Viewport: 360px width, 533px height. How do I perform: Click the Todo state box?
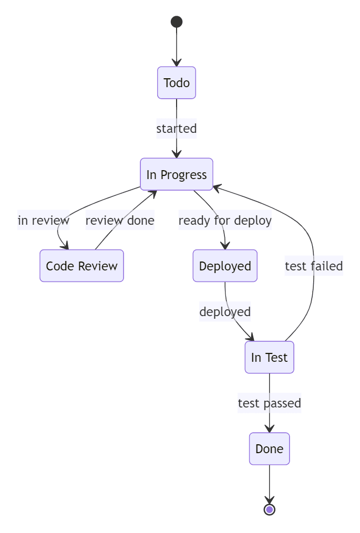[x=177, y=82]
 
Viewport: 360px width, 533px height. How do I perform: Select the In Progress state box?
[x=177, y=174]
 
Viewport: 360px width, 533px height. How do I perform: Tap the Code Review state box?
[x=81, y=266]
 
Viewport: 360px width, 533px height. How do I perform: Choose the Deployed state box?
[x=225, y=266]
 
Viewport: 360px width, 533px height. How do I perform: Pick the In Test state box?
[x=269, y=357]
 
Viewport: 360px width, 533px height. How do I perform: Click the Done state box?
[x=269, y=448]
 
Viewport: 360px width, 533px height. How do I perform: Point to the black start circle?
[x=177, y=22]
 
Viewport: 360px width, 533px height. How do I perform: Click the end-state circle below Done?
[x=269, y=509]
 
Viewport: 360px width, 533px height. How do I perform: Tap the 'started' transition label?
[x=177, y=129]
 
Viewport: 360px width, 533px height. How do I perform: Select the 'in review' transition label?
[x=44, y=221]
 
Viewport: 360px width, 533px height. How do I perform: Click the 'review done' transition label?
[x=120, y=221]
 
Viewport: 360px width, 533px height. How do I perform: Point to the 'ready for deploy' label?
[x=225, y=221]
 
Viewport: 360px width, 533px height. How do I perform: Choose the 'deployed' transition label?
[x=225, y=312]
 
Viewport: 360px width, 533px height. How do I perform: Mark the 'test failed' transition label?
[x=314, y=266]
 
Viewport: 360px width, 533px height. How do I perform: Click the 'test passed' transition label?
[x=269, y=403]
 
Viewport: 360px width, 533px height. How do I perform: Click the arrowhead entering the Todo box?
[x=177, y=63]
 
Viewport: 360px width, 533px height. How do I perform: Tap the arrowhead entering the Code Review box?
[x=65, y=246]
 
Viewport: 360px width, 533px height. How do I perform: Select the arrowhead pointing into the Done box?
[x=269, y=429]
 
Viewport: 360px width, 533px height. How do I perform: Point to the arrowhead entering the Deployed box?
[x=225, y=246]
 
